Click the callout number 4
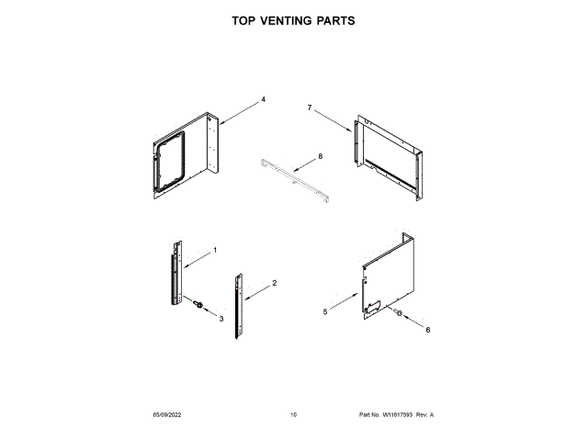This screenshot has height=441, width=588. point(263,98)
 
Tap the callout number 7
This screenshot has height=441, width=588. point(310,108)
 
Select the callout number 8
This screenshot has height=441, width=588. point(320,157)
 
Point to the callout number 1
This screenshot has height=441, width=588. point(215,250)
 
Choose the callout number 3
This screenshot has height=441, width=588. point(220,318)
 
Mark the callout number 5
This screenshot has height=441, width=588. point(325,312)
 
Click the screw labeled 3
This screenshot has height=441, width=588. point(197,303)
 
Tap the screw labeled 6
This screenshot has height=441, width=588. point(398,315)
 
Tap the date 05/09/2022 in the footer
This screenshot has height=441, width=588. point(169,416)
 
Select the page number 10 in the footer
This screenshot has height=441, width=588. point(293,416)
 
